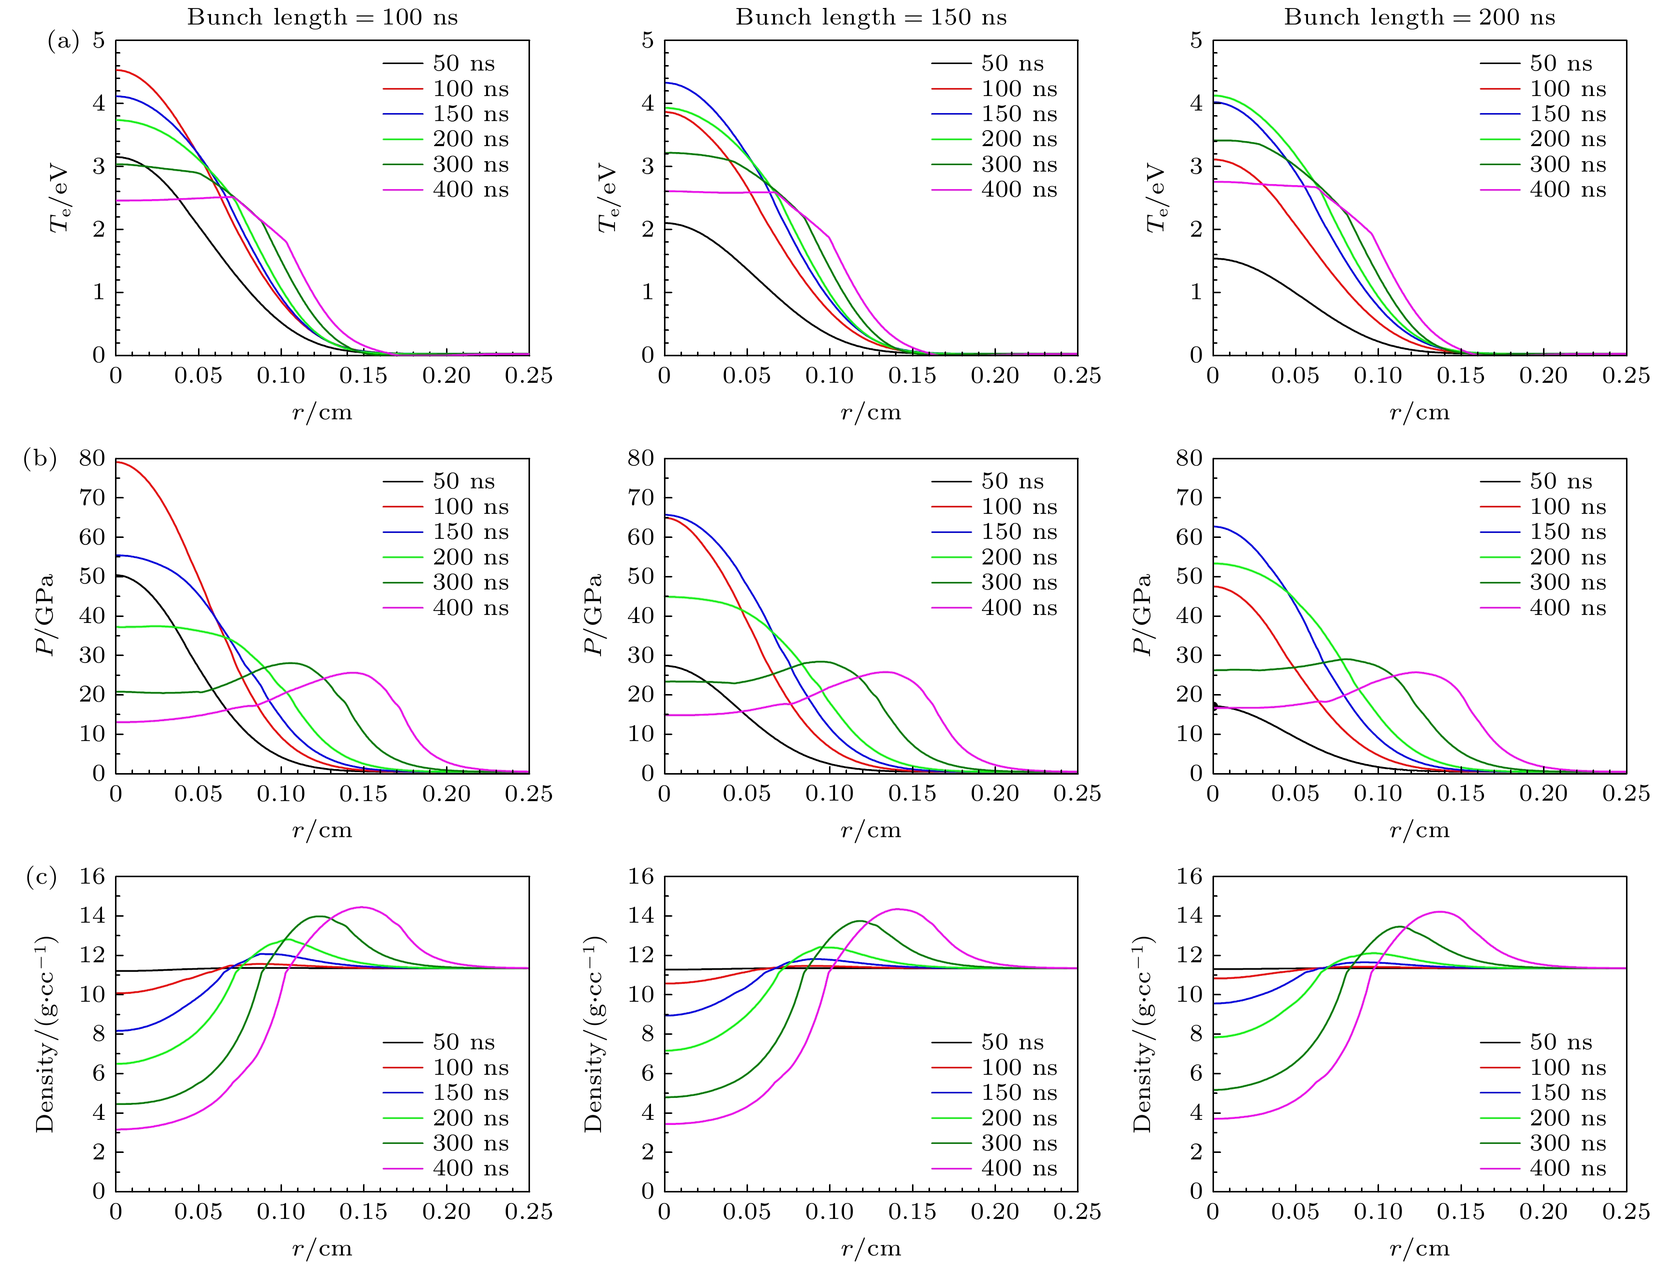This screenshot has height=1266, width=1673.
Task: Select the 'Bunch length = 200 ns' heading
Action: pyautogui.click(x=1419, y=18)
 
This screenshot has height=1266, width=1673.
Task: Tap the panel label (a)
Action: pyautogui.click(x=63, y=41)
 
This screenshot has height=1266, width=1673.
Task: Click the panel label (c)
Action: pyautogui.click(x=41, y=877)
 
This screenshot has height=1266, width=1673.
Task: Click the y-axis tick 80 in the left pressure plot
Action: pyautogui.click(x=92, y=458)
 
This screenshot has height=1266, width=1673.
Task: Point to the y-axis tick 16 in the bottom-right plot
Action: pyautogui.click(x=1189, y=877)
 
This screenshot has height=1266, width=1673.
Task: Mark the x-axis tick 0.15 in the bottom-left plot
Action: pyautogui.click(x=363, y=1211)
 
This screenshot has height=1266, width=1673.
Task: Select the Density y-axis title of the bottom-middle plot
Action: pyautogui.click(x=594, y=1034)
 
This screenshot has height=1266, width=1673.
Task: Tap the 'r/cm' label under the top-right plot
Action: pyautogui.click(x=1419, y=412)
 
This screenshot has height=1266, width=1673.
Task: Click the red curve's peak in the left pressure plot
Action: pyautogui.click(x=118, y=461)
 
